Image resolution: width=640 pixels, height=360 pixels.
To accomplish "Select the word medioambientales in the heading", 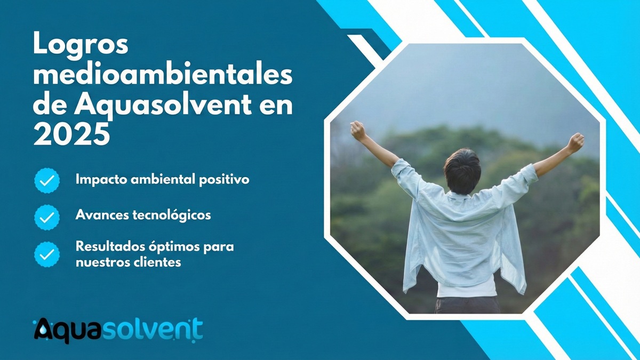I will point(163,75).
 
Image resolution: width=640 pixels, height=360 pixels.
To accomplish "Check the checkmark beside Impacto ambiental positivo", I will point(47,180).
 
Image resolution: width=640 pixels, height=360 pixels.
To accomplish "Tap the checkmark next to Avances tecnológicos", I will point(47,217).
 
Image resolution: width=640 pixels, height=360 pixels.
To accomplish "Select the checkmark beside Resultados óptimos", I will point(47,254).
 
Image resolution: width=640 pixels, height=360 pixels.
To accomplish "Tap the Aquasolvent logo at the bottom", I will point(118,329).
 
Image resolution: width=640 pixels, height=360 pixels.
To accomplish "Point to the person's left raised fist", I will point(358,130).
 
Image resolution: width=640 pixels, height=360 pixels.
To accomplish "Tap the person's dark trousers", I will point(467,305).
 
